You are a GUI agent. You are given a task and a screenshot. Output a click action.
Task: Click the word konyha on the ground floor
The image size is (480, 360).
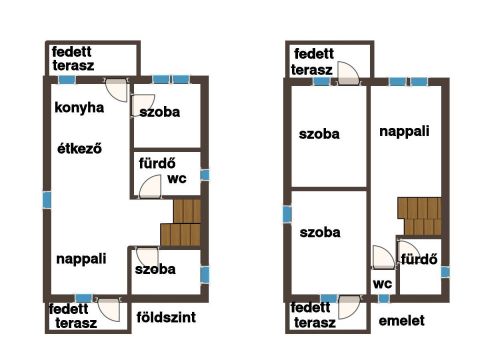(x=79, y=108)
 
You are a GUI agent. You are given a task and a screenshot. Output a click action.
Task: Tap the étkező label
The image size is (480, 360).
(x=79, y=148)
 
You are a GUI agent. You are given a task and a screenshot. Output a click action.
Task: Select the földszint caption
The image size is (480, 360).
(x=166, y=317)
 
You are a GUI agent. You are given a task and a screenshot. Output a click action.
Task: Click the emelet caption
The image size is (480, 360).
(x=402, y=321)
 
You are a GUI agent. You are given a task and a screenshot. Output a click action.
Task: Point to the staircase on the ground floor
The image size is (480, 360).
(x=181, y=222)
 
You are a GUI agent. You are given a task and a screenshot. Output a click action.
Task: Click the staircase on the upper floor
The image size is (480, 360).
(x=420, y=216)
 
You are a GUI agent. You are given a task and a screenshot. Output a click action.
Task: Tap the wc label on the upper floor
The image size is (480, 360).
(x=382, y=284)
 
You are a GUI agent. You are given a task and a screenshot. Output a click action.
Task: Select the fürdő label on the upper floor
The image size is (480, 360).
(x=419, y=259)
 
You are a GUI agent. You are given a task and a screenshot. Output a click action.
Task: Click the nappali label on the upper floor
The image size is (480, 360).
(x=404, y=131)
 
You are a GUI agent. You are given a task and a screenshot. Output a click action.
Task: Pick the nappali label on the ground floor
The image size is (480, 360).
(x=81, y=259)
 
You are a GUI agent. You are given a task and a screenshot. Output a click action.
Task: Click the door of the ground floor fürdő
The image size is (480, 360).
(x=150, y=187)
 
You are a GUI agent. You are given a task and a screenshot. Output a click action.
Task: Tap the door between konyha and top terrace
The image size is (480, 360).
(x=117, y=90)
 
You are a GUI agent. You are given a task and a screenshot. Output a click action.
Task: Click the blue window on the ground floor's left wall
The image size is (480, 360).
(x=47, y=200)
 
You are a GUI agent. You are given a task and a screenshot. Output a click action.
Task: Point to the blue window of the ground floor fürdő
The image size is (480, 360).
(x=205, y=175)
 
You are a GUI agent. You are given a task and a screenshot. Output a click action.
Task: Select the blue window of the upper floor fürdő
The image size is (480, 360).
(x=445, y=272)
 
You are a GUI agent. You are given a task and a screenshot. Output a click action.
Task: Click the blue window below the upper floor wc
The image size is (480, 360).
(x=384, y=298)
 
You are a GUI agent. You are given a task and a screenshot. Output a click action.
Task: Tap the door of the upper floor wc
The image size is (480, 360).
(x=383, y=257)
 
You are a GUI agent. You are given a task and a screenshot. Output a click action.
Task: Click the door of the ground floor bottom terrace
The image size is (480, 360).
(x=108, y=310)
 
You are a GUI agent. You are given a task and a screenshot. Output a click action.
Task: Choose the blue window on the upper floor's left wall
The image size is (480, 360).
(x=287, y=214)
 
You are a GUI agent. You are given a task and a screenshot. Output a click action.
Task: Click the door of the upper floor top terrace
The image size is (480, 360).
(x=349, y=73)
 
